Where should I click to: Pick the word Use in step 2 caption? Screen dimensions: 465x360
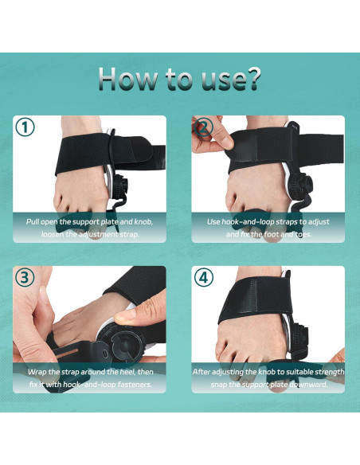coord(215,221)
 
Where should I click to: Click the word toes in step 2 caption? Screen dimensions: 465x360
coord(307,234)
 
